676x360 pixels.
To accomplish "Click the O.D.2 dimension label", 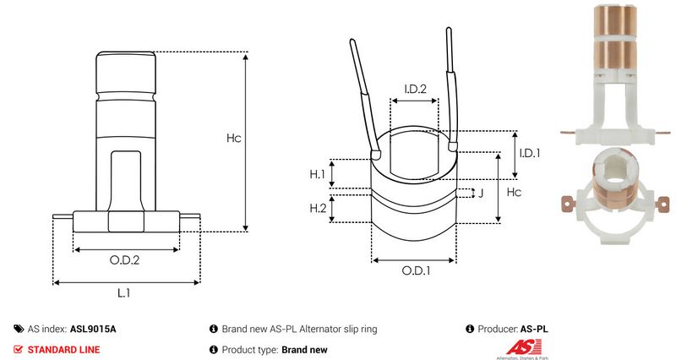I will pyautogui.click(x=124, y=260).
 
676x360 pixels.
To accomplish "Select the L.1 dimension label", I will pyautogui.click(x=123, y=292).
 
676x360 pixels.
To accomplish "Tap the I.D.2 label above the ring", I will pyautogui.click(x=414, y=89).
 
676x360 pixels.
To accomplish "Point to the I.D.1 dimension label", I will pyautogui.click(x=529, y=152).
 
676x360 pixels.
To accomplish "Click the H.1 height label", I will pyautogui.click(x=317, y=174).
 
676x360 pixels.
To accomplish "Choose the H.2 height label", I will pyautogui.click(x=317, y=208).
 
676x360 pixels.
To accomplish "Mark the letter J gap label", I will pyautogui.click(x=480, y=194).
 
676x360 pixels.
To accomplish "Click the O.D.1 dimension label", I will pyautogui.click(x=415, y=270).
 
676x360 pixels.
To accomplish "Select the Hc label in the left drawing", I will pyautogui.click(x=233, y=139).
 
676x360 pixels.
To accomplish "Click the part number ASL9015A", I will pyautogui.click(x=93, y=329).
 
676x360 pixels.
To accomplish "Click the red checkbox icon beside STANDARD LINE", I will pyautogui.click(x=19, y=349).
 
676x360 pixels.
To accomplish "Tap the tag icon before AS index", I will pyautogui.click(x=19, y=329).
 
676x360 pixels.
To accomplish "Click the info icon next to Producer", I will pyautogui.click(x=470, y=329).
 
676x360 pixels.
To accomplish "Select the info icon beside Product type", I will pyautogui.click(x=213, y=349).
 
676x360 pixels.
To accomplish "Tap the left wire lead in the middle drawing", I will pyautogui.click(x=361, y=93).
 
